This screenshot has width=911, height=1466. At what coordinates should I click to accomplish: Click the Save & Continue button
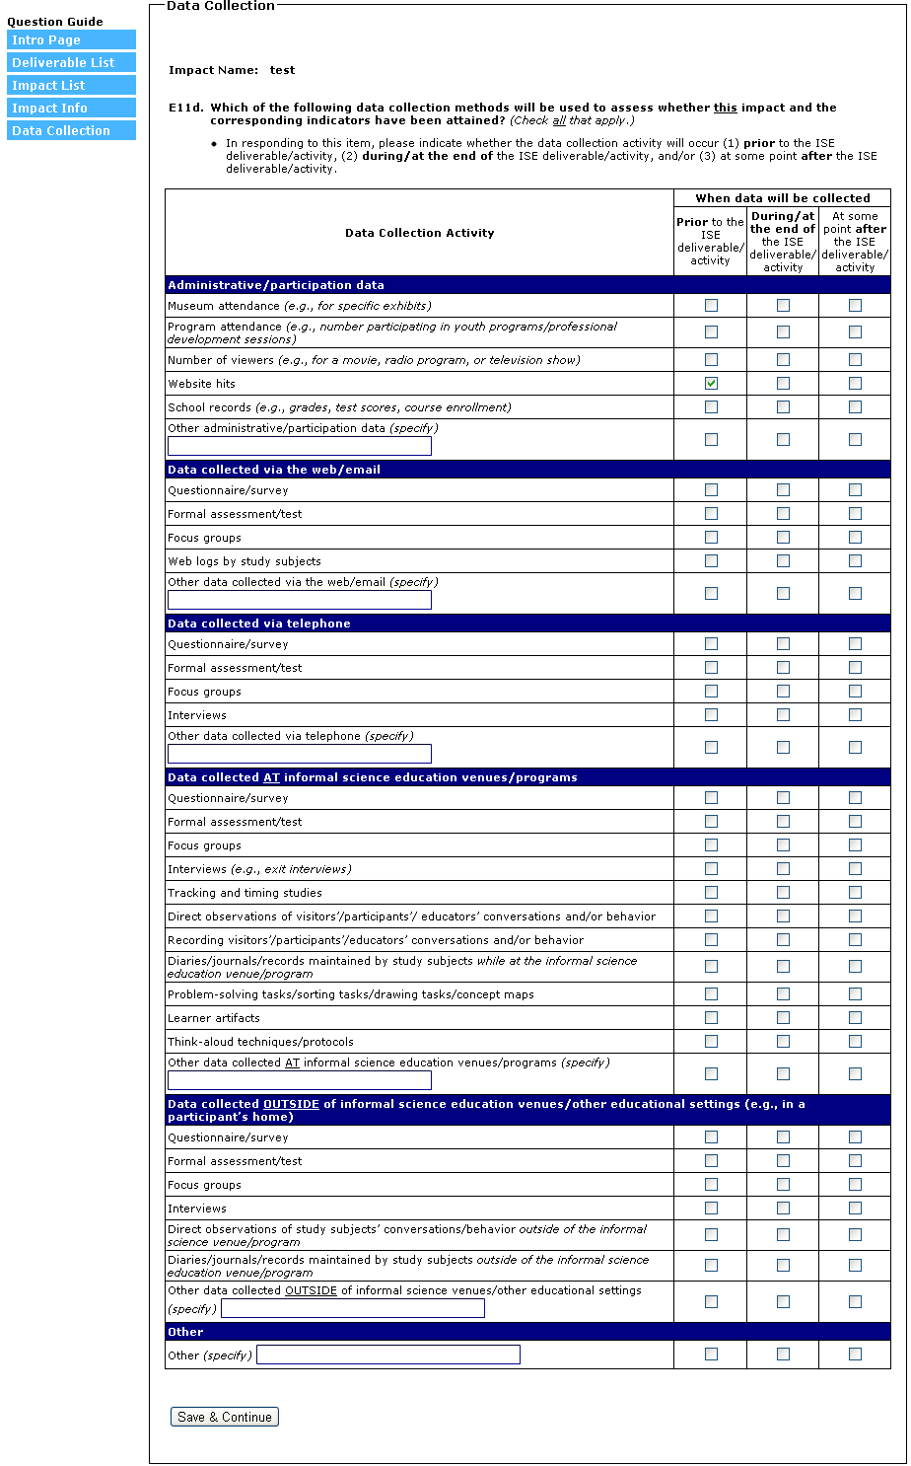click(x=225, y=1417)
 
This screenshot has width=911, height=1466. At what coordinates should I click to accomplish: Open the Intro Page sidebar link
click(x=71, y=39)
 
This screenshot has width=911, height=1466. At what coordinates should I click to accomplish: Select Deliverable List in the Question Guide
click(x=71, y=62)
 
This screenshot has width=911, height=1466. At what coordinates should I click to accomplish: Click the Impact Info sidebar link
click(x=71, y=108)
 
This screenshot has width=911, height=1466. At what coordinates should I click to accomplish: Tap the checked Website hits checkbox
click(x=711, y=384)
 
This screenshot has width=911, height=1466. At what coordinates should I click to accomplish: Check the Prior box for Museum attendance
click(x=711, y=306)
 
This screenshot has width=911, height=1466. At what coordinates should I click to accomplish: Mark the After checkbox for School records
click(x=855, y=407)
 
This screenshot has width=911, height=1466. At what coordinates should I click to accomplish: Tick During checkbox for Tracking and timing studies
click(x=783, y=893)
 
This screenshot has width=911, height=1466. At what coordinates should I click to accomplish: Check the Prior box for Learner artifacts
click(x=711, y=1018)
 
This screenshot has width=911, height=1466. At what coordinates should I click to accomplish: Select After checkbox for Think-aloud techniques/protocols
click(x=855, y=1042)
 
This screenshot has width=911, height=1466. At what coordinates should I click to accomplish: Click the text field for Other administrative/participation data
click(x=300, y=446)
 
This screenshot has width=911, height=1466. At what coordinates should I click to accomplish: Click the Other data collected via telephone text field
click(x=300, y=754)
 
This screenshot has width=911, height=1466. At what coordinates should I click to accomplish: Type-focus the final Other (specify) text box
click(x=387, y=1355)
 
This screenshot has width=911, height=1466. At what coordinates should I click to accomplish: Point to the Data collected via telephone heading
click(x=259, y=623)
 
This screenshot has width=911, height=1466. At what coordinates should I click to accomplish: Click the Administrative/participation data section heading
click(x=276, y=285)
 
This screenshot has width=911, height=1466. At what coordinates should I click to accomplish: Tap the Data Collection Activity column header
click(x=420, y=233)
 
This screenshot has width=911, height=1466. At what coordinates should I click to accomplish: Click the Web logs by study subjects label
click(x=245, y=561)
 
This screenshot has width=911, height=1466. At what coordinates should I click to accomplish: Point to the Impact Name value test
click(x=282, y=70)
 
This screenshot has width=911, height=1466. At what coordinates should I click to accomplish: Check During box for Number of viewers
click(x=783, y=360)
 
